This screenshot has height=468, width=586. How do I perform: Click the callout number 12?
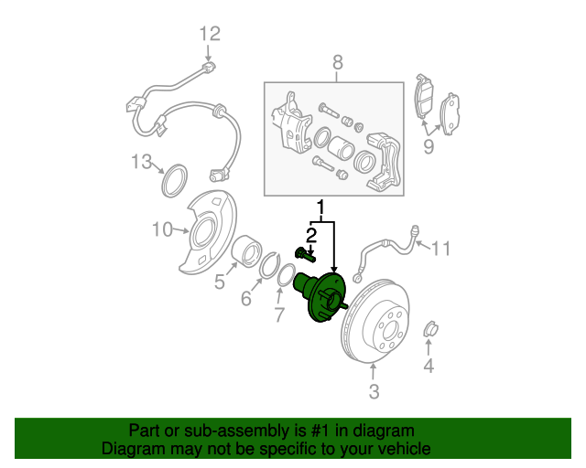tap(210, 34)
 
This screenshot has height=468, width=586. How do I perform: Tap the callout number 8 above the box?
tap(338, 62)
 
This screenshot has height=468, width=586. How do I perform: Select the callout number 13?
tap(142, 162)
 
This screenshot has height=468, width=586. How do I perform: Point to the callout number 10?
tap(163, 229)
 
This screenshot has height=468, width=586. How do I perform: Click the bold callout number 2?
tap(311, 236)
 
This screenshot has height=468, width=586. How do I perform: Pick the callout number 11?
tap(441, 249)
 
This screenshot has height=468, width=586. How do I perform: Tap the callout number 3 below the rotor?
tap(374, 391)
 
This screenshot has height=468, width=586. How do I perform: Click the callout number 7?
tap(279, 314)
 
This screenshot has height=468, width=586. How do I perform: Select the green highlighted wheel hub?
tap(320, 297)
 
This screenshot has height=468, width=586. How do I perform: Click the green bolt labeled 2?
tap(305, 255)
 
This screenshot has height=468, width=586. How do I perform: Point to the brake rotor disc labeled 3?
tap(375, 321)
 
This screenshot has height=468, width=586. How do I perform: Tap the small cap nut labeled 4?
tap(431, 329)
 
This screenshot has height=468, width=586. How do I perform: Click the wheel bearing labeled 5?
tap(246, 251)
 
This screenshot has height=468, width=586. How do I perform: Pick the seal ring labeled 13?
tap(175, 181)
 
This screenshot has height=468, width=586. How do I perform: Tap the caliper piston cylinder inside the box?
tap(341, 146)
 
